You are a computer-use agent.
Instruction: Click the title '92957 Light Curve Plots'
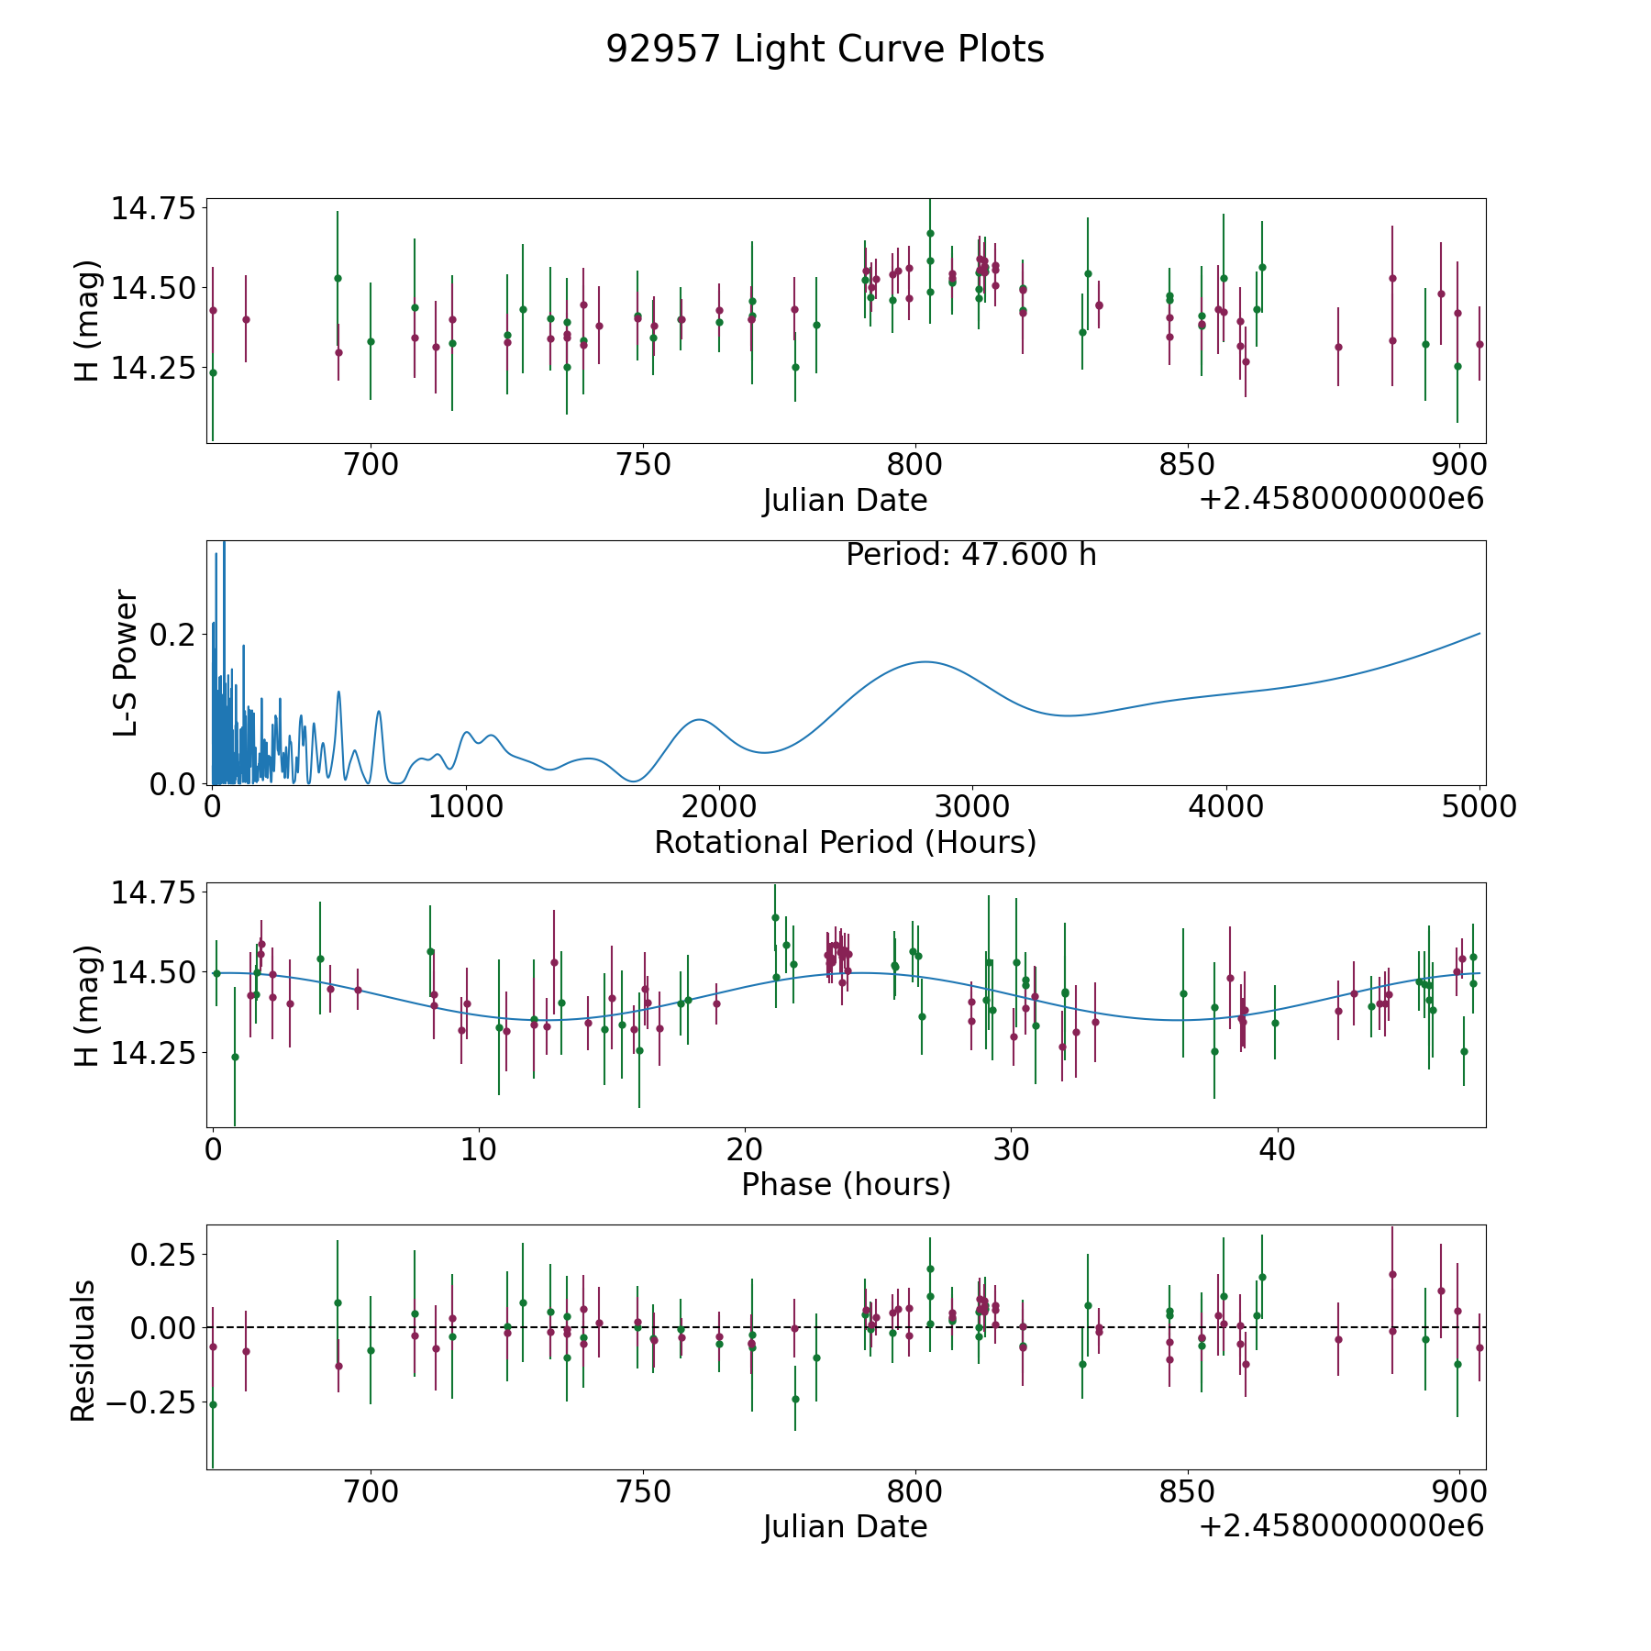point(825,50)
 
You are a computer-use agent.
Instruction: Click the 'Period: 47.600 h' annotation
point(970,555)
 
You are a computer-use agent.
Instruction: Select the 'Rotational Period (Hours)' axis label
point(845,842)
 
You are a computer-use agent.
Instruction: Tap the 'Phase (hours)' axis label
point(846,1184)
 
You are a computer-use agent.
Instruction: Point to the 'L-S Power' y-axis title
point(126,663)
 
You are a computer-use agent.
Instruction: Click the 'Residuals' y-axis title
point(83,1351)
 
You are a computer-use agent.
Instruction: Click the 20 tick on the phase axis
point(746,1149)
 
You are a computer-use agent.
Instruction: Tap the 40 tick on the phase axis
point(1277,1149)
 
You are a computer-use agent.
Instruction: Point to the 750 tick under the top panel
point(643,465)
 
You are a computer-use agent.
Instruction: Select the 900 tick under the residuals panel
point(1459,1491)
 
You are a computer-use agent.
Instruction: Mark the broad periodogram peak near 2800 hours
point(925,661)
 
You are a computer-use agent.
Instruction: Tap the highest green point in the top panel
point(930,233)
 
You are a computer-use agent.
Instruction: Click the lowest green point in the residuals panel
point(213,1404)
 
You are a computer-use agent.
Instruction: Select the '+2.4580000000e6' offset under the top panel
point(1341,500)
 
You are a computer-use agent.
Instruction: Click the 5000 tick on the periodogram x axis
point(1479,807)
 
